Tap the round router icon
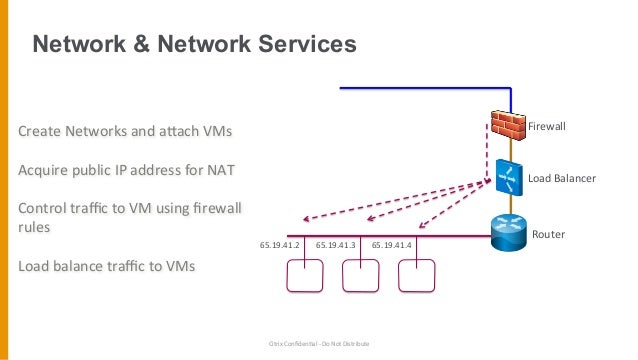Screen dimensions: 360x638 pos(510,232)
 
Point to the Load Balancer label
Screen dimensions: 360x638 pos(561,178)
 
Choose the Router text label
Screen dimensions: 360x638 pos(548,234)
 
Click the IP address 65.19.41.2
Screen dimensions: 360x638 pos(279,244)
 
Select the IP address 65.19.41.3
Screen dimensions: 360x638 pos(335,244)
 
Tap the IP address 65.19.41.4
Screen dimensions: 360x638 pos(391,244)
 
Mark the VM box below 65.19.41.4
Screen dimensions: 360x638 pos(417,275)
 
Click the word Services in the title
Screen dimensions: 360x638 pos(304,45)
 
